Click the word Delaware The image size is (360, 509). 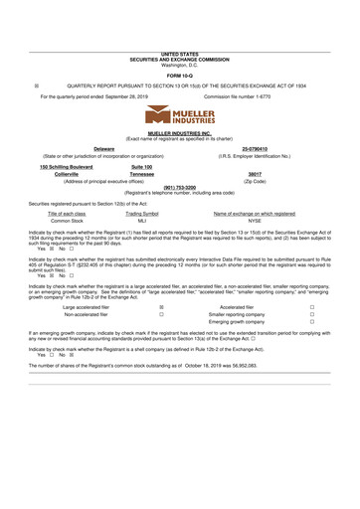(x=103, y=148)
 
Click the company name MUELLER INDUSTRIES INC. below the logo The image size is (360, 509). (x=180, y=131)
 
